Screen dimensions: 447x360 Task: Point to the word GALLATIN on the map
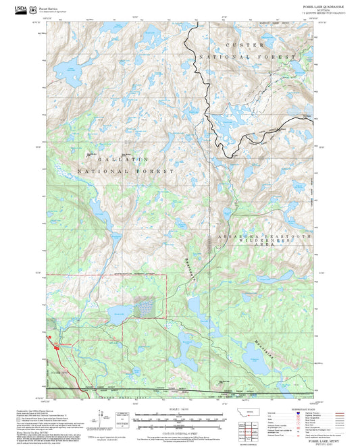[122, 159]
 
